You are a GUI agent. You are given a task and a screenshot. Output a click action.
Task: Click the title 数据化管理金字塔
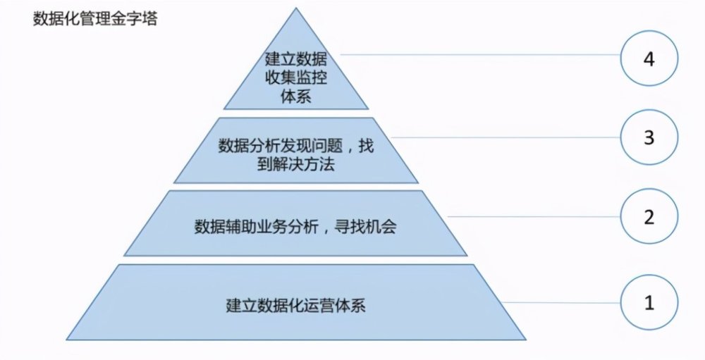95,19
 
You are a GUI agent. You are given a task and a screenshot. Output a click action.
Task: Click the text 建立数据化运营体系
295,305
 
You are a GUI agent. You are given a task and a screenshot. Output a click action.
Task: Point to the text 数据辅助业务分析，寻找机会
295,226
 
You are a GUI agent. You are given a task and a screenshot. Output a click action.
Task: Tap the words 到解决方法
296,164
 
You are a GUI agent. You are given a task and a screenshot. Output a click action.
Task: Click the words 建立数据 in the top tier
296,59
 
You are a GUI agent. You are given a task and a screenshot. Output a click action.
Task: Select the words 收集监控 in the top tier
296,77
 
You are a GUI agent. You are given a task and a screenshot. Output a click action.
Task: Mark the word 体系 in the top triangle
296,97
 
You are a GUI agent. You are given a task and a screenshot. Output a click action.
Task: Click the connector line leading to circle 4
480,55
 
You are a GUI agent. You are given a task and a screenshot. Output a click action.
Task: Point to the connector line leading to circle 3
505,137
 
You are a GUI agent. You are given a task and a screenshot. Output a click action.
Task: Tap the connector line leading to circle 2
534,216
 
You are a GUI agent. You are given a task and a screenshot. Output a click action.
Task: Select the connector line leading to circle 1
562,302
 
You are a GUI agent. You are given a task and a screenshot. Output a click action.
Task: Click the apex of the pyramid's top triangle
296,8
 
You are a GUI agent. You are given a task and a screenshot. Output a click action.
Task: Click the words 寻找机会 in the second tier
365,226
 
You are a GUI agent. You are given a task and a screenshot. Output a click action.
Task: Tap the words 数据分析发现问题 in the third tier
281,146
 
